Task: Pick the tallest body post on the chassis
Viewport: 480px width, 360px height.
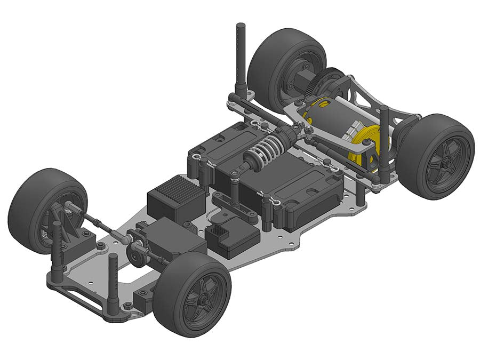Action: point(241,59)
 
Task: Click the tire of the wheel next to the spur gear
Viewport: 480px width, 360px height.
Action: point(275,59)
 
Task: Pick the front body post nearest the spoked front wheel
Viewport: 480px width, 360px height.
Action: point(113,283)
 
